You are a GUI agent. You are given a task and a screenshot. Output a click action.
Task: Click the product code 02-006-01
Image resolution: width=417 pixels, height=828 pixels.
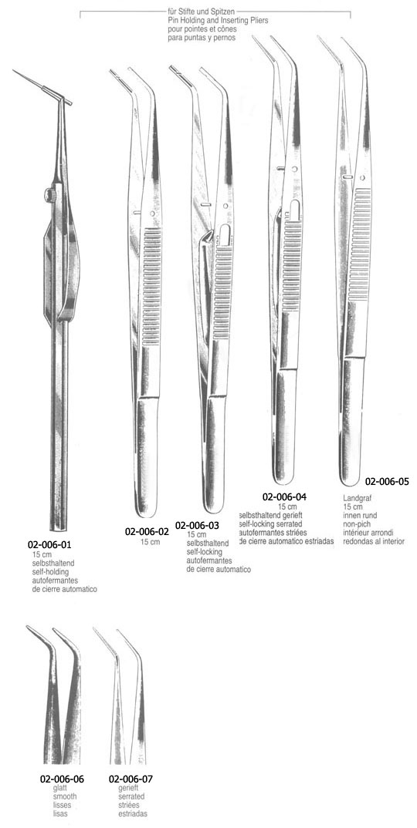(x=53, y=544)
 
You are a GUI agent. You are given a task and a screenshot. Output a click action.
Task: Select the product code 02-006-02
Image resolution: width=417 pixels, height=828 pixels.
(x=147, y=532)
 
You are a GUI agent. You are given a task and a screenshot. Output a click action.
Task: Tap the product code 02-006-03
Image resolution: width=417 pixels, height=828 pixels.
(x=197, y=526)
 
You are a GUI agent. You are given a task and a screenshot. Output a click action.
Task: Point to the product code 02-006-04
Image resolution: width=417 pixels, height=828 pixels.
(x=285, y=496)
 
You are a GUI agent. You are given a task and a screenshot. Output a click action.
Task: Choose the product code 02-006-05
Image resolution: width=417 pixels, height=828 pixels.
(x=387, y=482)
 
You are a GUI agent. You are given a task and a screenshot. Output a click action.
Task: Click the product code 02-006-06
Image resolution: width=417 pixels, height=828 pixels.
(x=62, y=779)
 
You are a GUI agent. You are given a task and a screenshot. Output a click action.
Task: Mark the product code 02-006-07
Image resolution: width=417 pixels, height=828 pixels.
(x=131, y=779)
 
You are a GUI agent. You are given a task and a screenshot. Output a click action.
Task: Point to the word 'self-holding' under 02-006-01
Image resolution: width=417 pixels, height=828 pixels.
(x=50, y=572)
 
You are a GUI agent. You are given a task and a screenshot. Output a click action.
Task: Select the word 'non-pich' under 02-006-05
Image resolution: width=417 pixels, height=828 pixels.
(x=356, y=524)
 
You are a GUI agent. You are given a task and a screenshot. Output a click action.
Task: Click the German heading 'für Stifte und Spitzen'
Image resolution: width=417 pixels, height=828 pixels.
(x=200, y=11)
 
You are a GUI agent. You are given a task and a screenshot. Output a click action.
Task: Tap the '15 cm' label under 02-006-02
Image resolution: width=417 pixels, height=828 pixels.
(x=150, y=542)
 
